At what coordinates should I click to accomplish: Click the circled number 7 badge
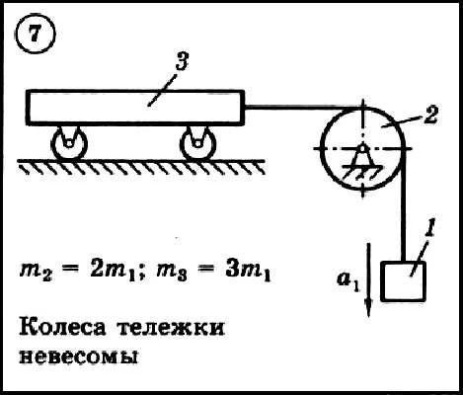click(36, 34)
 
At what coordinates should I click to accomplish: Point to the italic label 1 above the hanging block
click(430, 227)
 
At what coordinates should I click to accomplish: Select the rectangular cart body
click(135, 108)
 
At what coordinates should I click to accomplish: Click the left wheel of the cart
click(69, 144)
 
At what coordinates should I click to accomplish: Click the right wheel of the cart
click(198, 144)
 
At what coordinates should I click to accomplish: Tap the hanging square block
click(403, 281)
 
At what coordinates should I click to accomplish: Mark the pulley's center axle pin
click(362, 149)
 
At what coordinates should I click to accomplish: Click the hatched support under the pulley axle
click(362, 171)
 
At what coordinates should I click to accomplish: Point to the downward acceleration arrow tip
click(368, 316)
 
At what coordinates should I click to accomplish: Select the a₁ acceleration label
click(348, 282)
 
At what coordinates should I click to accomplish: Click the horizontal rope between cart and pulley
click(302, 107)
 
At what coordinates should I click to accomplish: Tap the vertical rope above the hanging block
click(404, 205)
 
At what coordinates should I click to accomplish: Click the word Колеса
click(62, 327)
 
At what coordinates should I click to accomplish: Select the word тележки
click(172, 327)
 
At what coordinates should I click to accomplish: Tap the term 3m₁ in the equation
click(248, 272)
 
